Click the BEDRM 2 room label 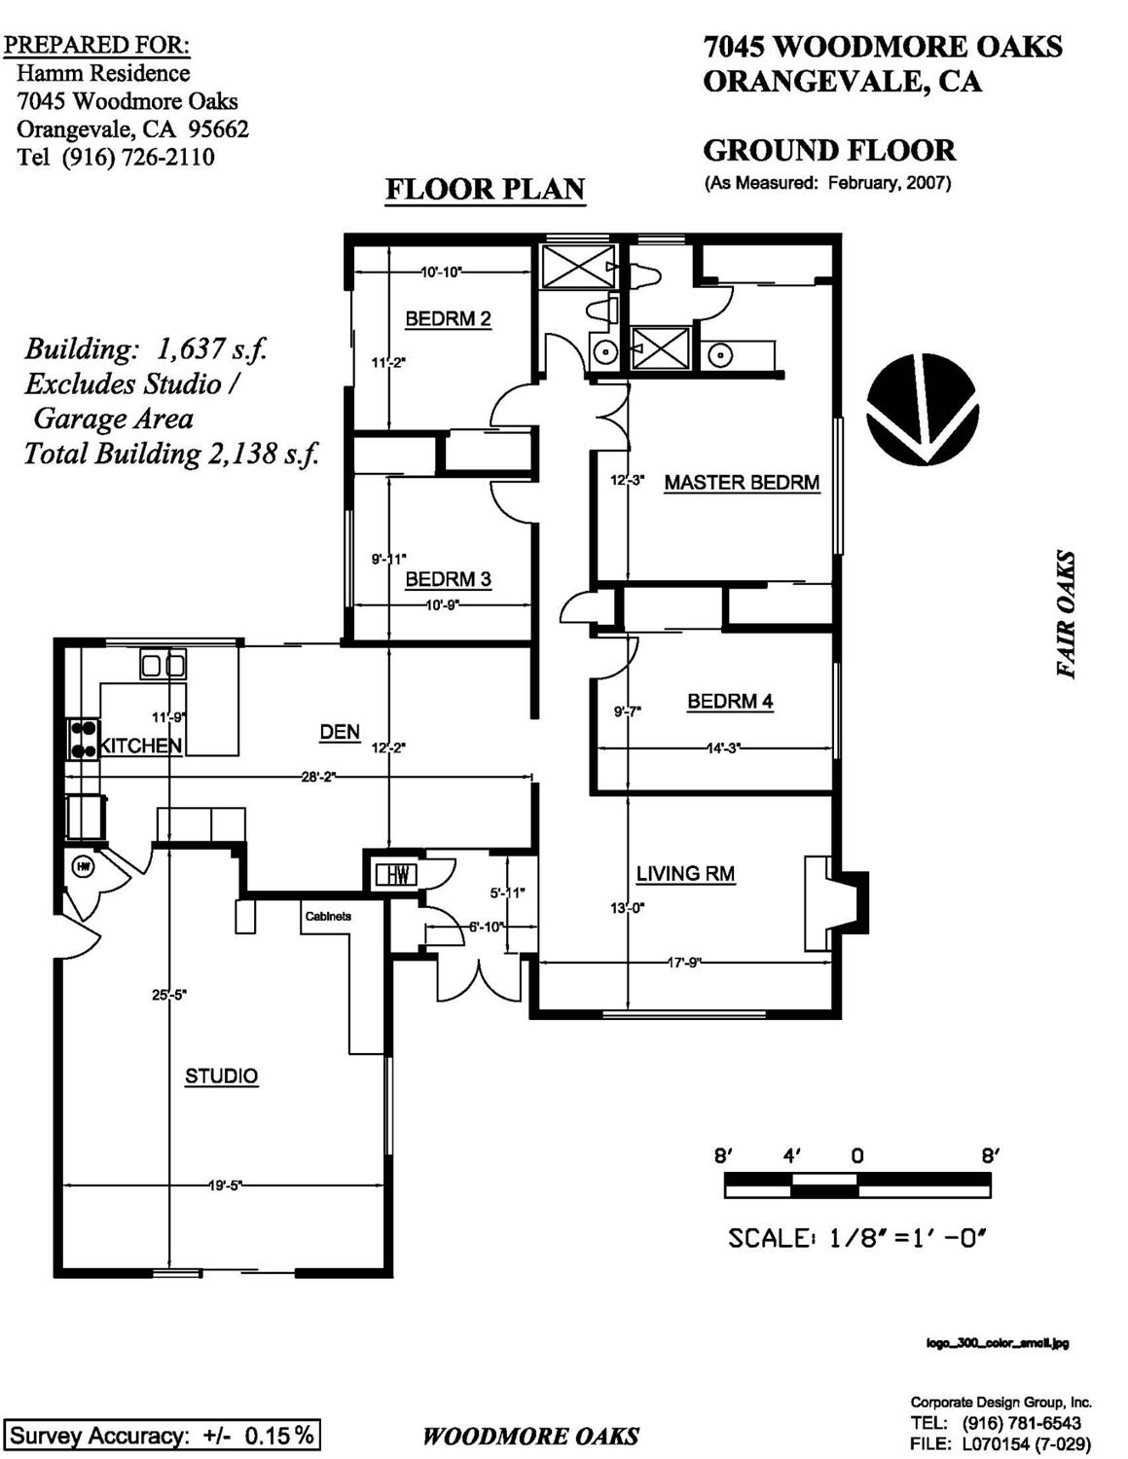pos(448,318)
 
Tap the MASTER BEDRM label pos(742,482)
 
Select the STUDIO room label pos(222,1076)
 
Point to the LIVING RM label pos(685,873)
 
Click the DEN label pos(340,732)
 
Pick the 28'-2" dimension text pos(318,778)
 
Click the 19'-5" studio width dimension pos(224,1185)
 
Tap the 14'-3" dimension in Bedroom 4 pos(723,748)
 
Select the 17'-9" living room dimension pos(684,963)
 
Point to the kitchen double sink pos(164,665)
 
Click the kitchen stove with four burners pos(83,740)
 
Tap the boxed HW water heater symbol pos(396,875)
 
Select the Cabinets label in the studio pos(328,917)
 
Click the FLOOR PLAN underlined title pos(486,190)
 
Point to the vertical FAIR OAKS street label pos(1066,614)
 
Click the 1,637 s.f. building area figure pos(211,349)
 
